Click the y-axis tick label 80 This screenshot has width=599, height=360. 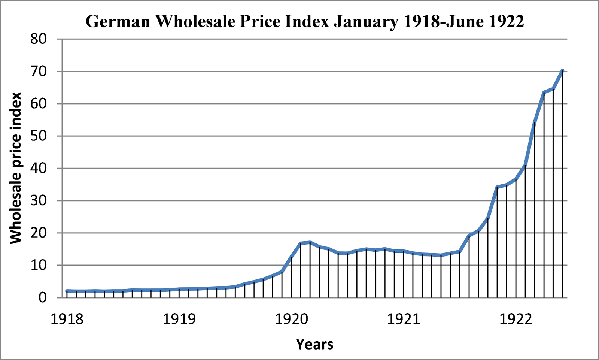click(39, 39)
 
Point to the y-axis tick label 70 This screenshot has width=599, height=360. click(39, 71)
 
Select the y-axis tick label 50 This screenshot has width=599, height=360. click(39, 136)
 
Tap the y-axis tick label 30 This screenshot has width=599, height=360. click(39, 200)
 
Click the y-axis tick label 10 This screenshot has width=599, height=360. click(39, 265)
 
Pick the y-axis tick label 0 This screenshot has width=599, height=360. click(43, 298)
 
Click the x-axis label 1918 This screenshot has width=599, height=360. click(67, 319)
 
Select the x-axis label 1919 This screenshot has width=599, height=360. click(179, 319)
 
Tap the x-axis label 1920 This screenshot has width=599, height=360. click(291, 319)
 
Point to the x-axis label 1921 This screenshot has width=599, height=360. click(404, 319)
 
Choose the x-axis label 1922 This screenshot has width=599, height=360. click(516, 319)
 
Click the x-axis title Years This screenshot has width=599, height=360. click(314, 344)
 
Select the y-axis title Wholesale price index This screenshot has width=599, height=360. click(16, 168)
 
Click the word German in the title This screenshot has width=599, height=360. click(118, 21)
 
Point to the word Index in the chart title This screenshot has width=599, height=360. click(307, 21)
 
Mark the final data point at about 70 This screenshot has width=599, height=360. click(562, 70)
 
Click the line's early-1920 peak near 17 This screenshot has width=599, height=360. click(310, 242)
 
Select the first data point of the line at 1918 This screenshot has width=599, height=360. click(67, 291)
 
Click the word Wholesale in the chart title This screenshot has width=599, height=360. click(195, 21)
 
